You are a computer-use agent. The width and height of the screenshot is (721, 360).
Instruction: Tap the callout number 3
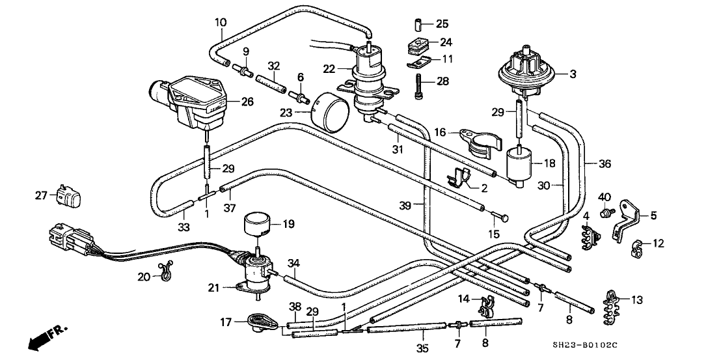(x=573, y=74)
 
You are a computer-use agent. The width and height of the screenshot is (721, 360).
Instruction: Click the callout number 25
(x=442, y=25)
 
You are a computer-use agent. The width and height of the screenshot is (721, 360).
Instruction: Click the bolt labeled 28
(x=419, y=85)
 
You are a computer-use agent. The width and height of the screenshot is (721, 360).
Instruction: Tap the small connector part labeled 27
(x=68, y=195)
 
